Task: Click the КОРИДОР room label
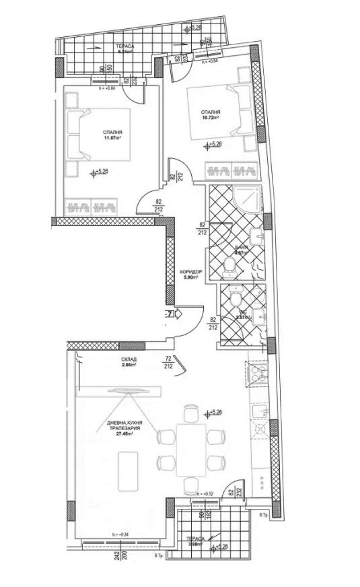191,272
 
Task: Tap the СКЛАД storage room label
129,360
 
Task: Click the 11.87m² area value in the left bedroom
112,139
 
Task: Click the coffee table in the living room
129,471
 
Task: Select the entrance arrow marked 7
170,314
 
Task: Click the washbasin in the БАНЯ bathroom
256,237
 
